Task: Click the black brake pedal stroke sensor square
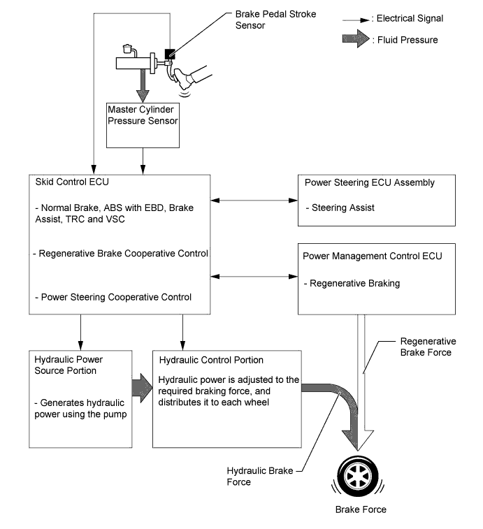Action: pos(169,54)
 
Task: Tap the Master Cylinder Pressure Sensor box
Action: pos(143,125)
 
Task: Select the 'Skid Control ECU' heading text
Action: pos(72,182)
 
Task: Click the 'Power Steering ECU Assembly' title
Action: pos(370,182)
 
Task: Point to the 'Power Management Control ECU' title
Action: pos(373,256)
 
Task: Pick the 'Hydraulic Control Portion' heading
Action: pos(211,360)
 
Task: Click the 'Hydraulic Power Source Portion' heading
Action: pos(69,365)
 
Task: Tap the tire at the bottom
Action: pos(358,476)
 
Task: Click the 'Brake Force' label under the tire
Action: pos(361,509)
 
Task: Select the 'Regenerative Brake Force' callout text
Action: pos(428,347)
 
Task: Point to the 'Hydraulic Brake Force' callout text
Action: pos(260,476)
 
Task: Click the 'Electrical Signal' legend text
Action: pos(410,18)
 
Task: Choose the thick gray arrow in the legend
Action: pos(356,38)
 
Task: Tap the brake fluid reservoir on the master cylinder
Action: pos(128,49)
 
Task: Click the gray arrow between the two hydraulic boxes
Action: pos(142,388)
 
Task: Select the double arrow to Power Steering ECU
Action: pos(254,201)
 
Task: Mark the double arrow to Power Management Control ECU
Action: pos(254,277)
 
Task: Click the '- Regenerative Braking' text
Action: pos(352,284)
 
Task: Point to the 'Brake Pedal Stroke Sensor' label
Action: pos(275,20)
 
